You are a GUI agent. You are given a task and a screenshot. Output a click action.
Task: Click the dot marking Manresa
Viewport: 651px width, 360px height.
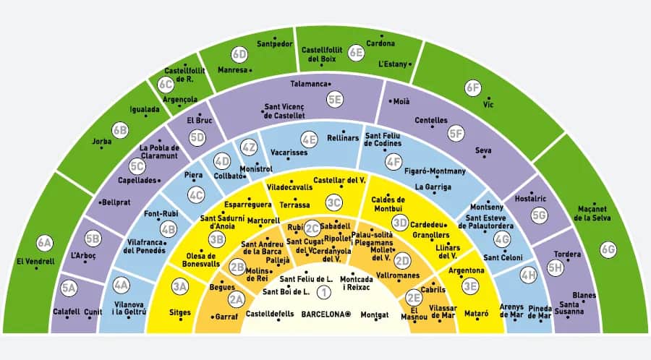point(250,71)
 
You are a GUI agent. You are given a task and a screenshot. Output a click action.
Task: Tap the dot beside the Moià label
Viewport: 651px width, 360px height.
point(391,100)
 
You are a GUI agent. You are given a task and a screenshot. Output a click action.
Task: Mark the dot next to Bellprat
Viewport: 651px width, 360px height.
point(100,203)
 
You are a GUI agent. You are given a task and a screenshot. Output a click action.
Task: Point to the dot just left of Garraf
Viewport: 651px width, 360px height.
point(213,317)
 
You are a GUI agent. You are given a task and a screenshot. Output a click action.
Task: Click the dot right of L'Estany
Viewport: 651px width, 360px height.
point(410,64)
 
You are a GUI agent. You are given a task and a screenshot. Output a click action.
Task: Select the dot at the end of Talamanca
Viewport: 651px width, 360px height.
point(330,84)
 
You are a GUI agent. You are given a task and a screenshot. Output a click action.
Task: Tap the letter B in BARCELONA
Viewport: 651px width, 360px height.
point(304,314)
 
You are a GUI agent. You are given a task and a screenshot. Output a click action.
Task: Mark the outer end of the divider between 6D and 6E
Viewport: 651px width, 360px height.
point(295,27)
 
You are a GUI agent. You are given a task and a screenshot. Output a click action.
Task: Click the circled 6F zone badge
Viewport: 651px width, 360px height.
point(473,88)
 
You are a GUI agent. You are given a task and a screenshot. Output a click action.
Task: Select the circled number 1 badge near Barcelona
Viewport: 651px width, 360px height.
point(324,292)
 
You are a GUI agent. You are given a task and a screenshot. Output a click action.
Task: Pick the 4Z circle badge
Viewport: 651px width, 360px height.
point(249,147)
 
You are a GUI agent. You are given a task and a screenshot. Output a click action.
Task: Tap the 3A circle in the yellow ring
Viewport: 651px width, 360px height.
point(180,286)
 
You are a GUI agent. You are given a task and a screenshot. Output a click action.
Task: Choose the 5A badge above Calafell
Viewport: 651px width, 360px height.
point(69,288)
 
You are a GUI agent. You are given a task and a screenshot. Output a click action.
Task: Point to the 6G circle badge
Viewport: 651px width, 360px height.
point(608,249)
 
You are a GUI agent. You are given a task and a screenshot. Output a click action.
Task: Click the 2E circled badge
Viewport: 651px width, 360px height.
point(414,297)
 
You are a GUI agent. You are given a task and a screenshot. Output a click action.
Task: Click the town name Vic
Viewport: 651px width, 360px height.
point(488,105)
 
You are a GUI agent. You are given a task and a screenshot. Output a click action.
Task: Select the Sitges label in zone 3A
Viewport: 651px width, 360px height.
point(180,313)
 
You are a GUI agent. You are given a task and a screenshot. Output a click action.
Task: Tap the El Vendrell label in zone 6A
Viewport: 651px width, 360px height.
point(35,262)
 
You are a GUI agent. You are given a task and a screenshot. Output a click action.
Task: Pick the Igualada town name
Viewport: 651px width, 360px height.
point(145,109)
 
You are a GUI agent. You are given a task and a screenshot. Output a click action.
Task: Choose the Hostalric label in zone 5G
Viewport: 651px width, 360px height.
point(531,199)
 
